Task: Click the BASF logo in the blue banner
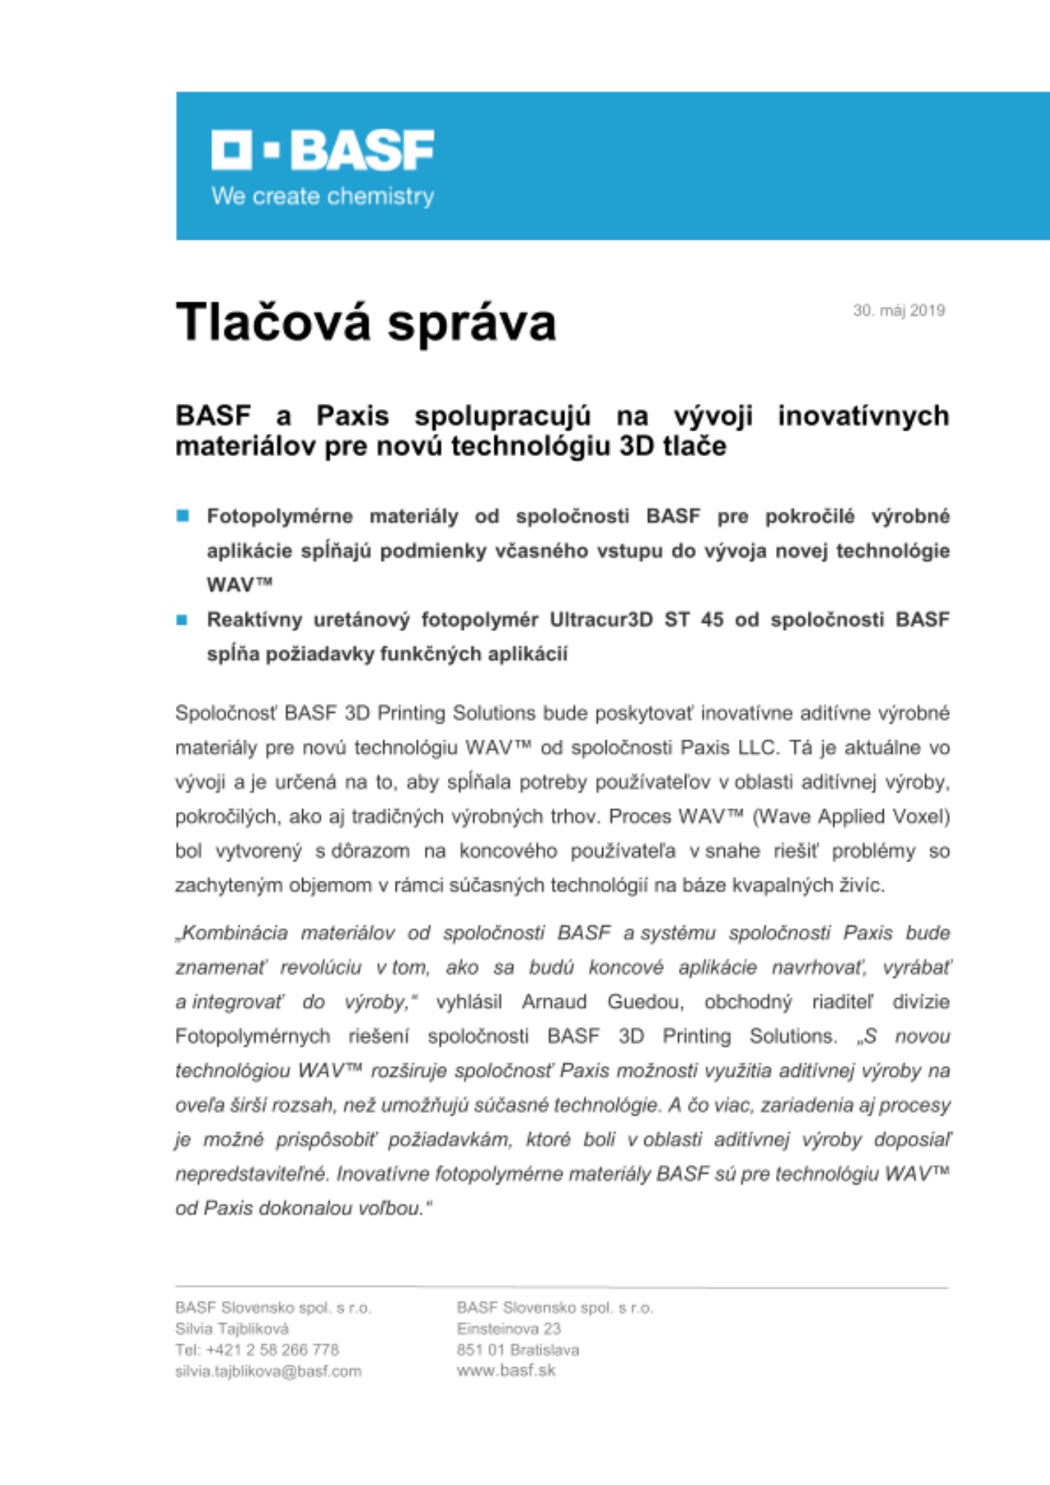pos(322,150)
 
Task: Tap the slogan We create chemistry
pos(322,197)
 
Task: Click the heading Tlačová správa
pos(365,322)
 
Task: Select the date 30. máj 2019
pos(899,310)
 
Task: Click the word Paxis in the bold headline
pos(353,416)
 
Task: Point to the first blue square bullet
pos(183,516)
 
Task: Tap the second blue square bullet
pos(183,620)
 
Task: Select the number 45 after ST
pos(711,620)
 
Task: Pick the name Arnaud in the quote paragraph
pos(554,1002)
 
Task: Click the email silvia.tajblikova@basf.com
pos(268,1371)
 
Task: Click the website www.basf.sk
pos(506,1371)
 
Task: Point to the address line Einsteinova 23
pos(509,1328)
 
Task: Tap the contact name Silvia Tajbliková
pos(232,1328)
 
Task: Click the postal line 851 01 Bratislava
pos(518,1350)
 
